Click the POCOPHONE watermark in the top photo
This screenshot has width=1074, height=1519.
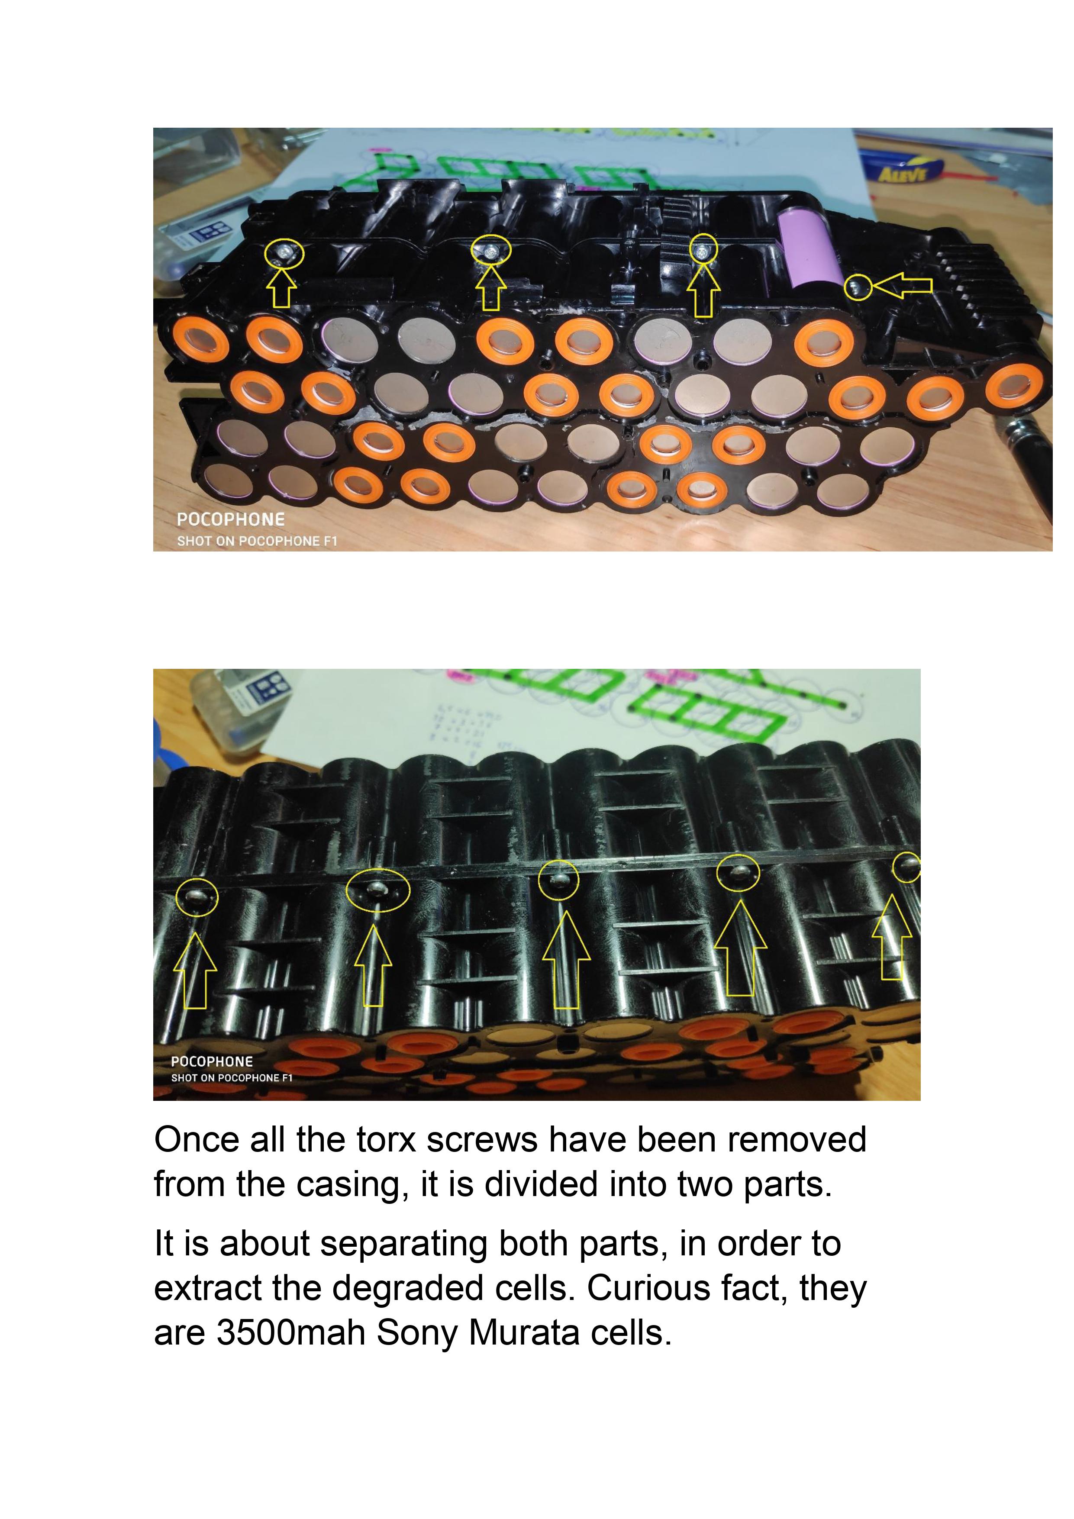(x=230, y=519)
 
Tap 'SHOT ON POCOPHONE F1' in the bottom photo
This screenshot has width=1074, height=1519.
(x=232, y=1078)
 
